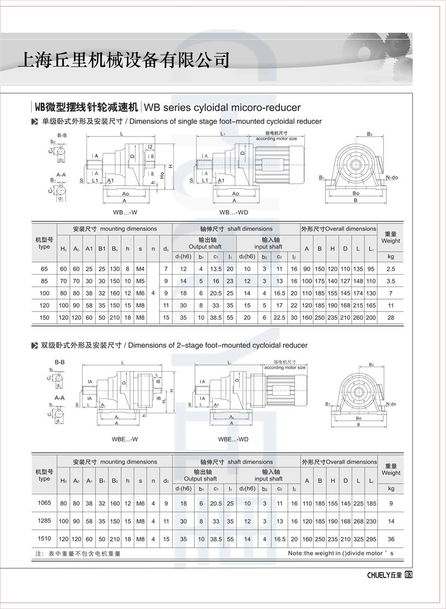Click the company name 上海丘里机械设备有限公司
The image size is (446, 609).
click(x=124, y=59)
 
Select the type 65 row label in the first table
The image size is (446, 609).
click(x=44, y=269)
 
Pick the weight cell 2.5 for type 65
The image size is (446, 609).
click(x=390, y=269)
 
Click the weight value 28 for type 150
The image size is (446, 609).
click(x=390, y=316)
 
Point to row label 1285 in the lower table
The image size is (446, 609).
click(x=44, y=522)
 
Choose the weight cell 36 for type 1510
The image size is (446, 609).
click(x=390, y=539)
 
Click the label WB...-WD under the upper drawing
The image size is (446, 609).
click(x=234, y=212)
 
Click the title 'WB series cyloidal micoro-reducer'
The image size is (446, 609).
click(x=222, y=108)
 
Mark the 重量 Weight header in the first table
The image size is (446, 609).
click(x=390, y=237)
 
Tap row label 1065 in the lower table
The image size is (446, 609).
click(x=44, y=503)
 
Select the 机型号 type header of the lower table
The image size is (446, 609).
click(x=44, y=475)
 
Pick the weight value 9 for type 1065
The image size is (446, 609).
click(x=390, y=504)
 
